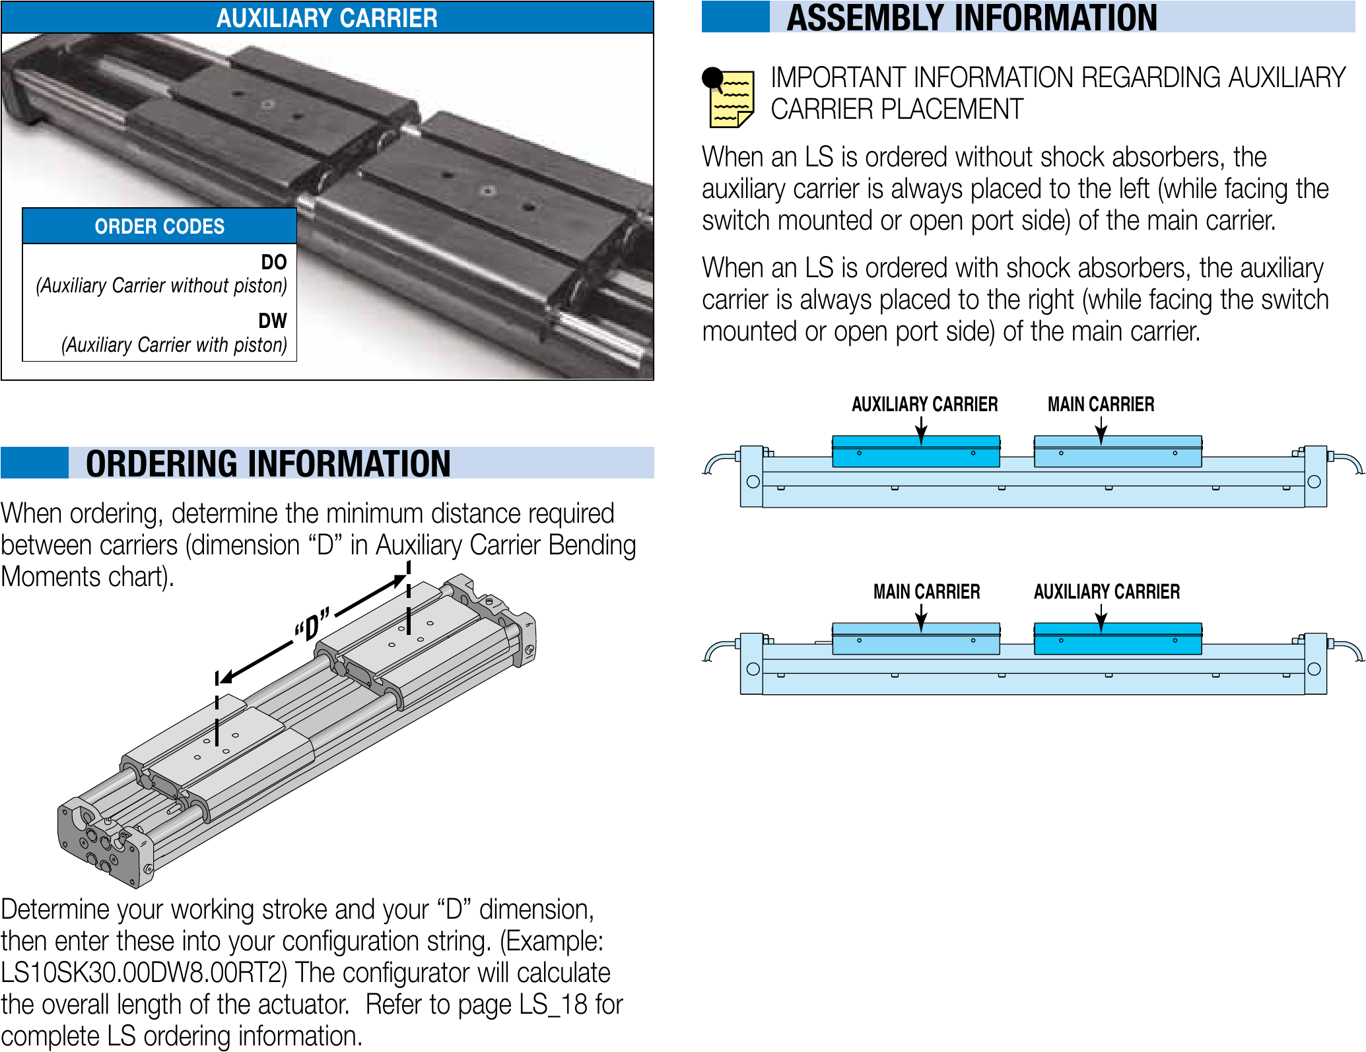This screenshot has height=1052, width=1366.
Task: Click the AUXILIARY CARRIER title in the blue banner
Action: [x=327, y=18]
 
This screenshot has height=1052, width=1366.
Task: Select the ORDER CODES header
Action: [x=159, y=226]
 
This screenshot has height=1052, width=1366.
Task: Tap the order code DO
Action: [x=273, y=262]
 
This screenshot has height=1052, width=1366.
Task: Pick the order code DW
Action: [x=273, y=321]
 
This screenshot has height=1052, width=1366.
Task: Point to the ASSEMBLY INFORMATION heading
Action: [x=972, y=17]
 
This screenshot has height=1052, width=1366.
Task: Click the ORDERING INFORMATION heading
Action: [x=268, y=463]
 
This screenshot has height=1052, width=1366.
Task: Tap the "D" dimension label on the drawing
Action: [x=312, y=624]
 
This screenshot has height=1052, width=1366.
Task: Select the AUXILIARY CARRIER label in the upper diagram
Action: [x=924, y=404]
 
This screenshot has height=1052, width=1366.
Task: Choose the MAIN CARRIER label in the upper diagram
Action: [x=1101, y=404]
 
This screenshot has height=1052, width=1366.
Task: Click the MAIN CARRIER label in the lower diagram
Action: [x=926, y=591]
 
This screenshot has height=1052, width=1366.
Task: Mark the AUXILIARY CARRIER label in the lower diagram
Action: [x=1107, y=591]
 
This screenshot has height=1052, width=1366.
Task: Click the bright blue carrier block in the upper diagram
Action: [x=916, y=451]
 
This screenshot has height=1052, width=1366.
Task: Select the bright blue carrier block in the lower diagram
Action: [x=1118, y=639]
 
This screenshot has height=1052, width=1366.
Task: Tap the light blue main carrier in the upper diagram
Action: [x=1118, y=451]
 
